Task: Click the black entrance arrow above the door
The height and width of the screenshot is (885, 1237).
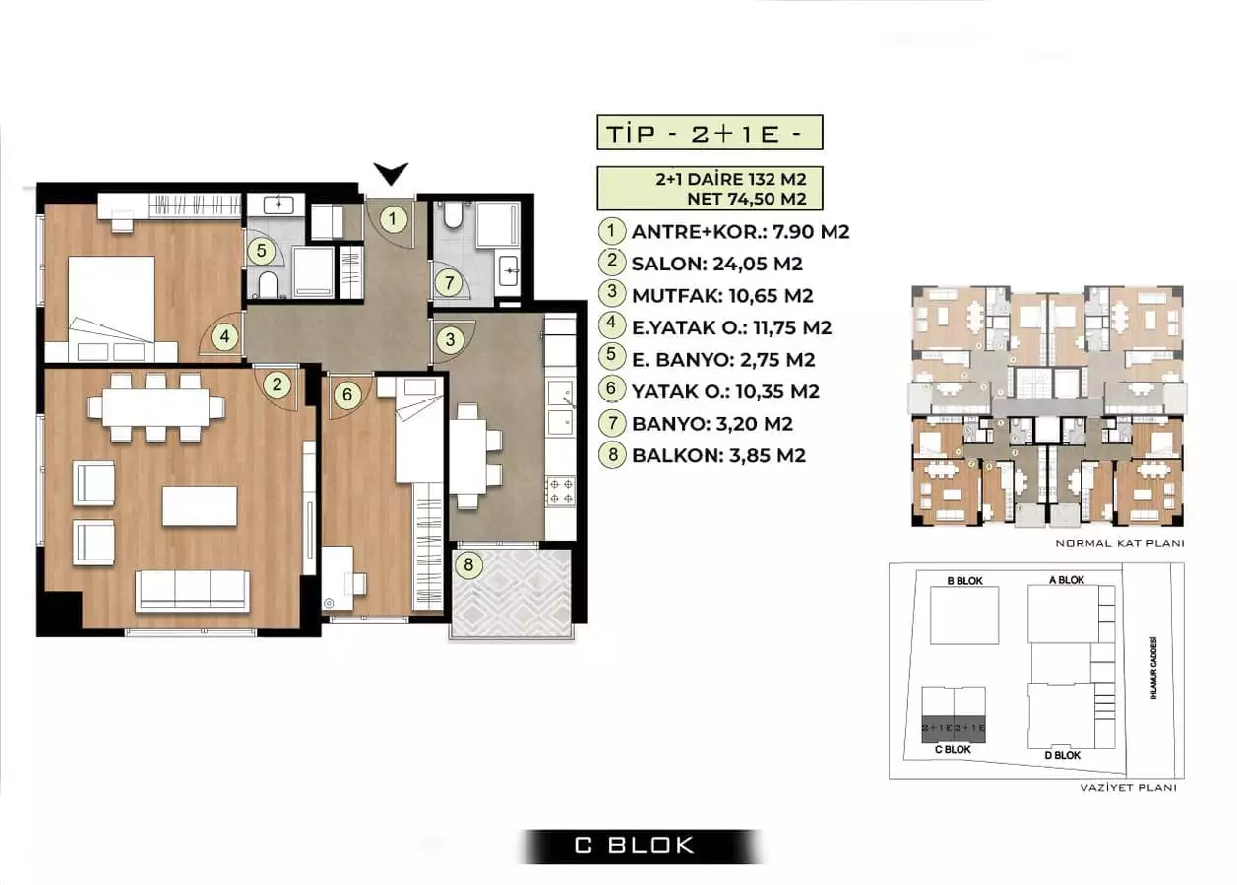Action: tap(392, 175)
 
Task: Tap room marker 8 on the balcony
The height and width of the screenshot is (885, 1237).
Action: tap(469, 564)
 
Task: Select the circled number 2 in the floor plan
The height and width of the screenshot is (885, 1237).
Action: tap(278, 384)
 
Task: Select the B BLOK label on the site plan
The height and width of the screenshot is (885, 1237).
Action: tap(964, 580)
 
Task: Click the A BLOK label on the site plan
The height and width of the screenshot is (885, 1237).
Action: tap(1066, 580)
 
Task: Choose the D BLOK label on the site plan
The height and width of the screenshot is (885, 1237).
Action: tap(1062, 755)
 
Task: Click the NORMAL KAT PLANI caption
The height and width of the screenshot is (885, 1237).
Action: tap(1118, 543)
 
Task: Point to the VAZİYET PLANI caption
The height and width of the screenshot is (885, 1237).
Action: tap(1127, 787)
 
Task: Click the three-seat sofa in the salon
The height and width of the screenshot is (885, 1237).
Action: tap(192, 590)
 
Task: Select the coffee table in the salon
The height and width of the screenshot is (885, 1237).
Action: tap(199, 506)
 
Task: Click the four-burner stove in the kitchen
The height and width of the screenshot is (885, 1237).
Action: tap(561, 490)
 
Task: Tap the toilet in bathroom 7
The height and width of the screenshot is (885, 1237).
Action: tap(454, 215)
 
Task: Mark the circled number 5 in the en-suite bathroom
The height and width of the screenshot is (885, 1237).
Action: tap(261, 251)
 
